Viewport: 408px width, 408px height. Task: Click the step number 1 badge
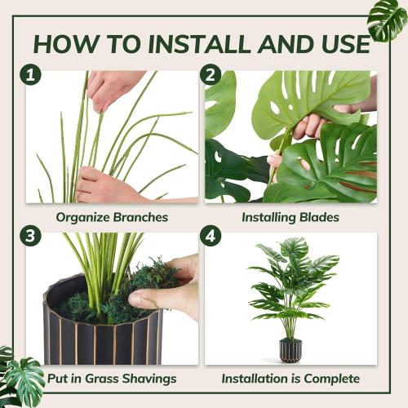click(31, 76)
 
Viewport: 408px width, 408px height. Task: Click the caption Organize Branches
click(112, 217)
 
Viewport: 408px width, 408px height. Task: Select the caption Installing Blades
click(290, 217)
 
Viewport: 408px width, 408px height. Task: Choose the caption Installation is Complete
click(290, 379)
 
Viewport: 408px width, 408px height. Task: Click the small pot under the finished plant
click(290, 350)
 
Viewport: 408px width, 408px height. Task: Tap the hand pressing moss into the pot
click(171, 286)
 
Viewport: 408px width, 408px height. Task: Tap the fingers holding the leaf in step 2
click(310, 125)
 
